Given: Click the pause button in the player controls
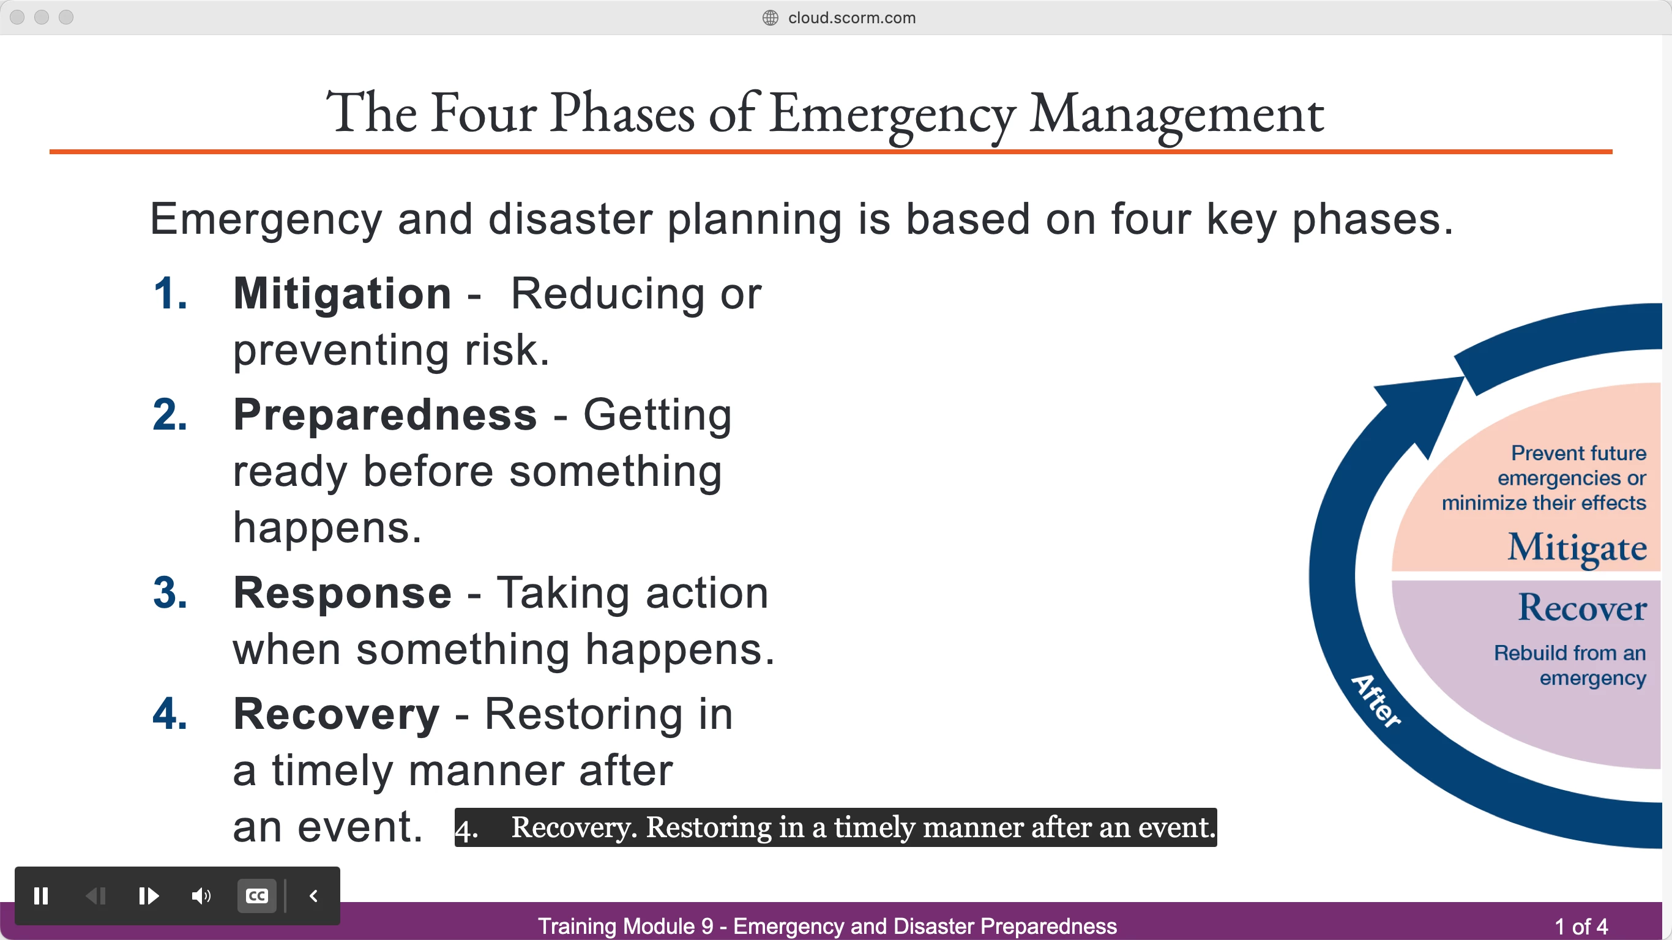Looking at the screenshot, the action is [41, 896].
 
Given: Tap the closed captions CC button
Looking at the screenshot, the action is [257, 896].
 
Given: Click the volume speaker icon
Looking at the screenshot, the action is [201, 896].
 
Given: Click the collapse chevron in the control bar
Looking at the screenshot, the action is [313, 896].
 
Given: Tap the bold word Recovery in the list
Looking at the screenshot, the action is [336, 714].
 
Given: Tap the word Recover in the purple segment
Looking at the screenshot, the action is [1583, 608].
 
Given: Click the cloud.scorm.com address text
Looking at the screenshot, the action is [851, 18].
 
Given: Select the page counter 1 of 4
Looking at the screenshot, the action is [1581, 927].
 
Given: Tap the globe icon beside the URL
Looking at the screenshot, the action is [770, 18].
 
